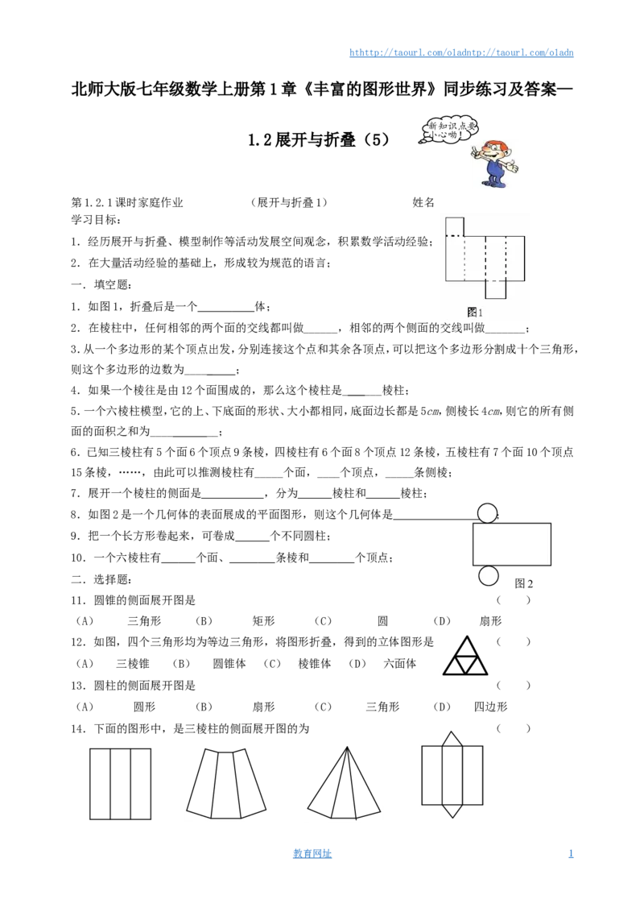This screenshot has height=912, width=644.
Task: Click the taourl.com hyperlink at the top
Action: (x=461, y=52)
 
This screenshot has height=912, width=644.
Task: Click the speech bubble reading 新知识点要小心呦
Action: (x=448, y=131)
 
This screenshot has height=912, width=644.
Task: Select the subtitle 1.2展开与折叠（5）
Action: (x=319, y=140)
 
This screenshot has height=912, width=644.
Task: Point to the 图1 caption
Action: (x=475, y=313)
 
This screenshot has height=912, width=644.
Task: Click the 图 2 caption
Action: (x=524, y=583)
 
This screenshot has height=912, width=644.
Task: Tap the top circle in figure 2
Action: (x=488, y=513)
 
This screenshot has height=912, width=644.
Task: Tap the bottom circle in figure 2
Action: (x=488, y=576)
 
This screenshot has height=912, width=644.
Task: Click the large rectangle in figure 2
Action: (x=511, y=545)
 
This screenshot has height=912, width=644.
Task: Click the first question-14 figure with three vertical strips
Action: (x=120, y=784)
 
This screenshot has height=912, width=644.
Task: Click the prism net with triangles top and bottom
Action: (x=452, y=775)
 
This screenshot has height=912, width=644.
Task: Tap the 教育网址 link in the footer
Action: (x=312, y=853)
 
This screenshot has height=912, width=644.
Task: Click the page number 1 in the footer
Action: (x=571, y=853)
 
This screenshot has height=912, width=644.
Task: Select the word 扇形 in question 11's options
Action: (x=490, y=621)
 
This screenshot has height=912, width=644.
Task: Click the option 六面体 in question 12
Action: (x=400, y=664)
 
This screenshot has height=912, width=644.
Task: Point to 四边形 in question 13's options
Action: (x=490, y=707)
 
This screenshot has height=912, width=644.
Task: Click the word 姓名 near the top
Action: (x=423, y=202)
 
